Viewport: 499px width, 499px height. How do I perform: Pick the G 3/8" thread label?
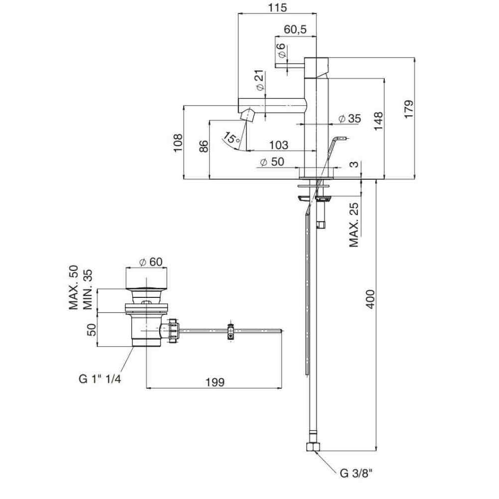pyautogui.click(x=357, y=474)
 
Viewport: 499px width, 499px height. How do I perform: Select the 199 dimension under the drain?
pyautogui.click(x=215, y=382)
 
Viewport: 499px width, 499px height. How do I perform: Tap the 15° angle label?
pyautogui.click(x=231, y=137)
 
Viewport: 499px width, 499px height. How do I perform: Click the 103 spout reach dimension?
pyautogui.click(x=278, y=145)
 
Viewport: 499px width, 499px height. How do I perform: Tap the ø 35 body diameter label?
pyautogui.click(x=349, y=119)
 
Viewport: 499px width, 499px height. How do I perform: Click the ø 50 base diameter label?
pyautogui.click(x=272, y=162)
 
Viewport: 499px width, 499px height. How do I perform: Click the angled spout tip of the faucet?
pyautogui.click(x=248, y=115)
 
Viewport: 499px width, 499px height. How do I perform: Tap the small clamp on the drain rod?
pyautogui.click(x=230, y=331)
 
